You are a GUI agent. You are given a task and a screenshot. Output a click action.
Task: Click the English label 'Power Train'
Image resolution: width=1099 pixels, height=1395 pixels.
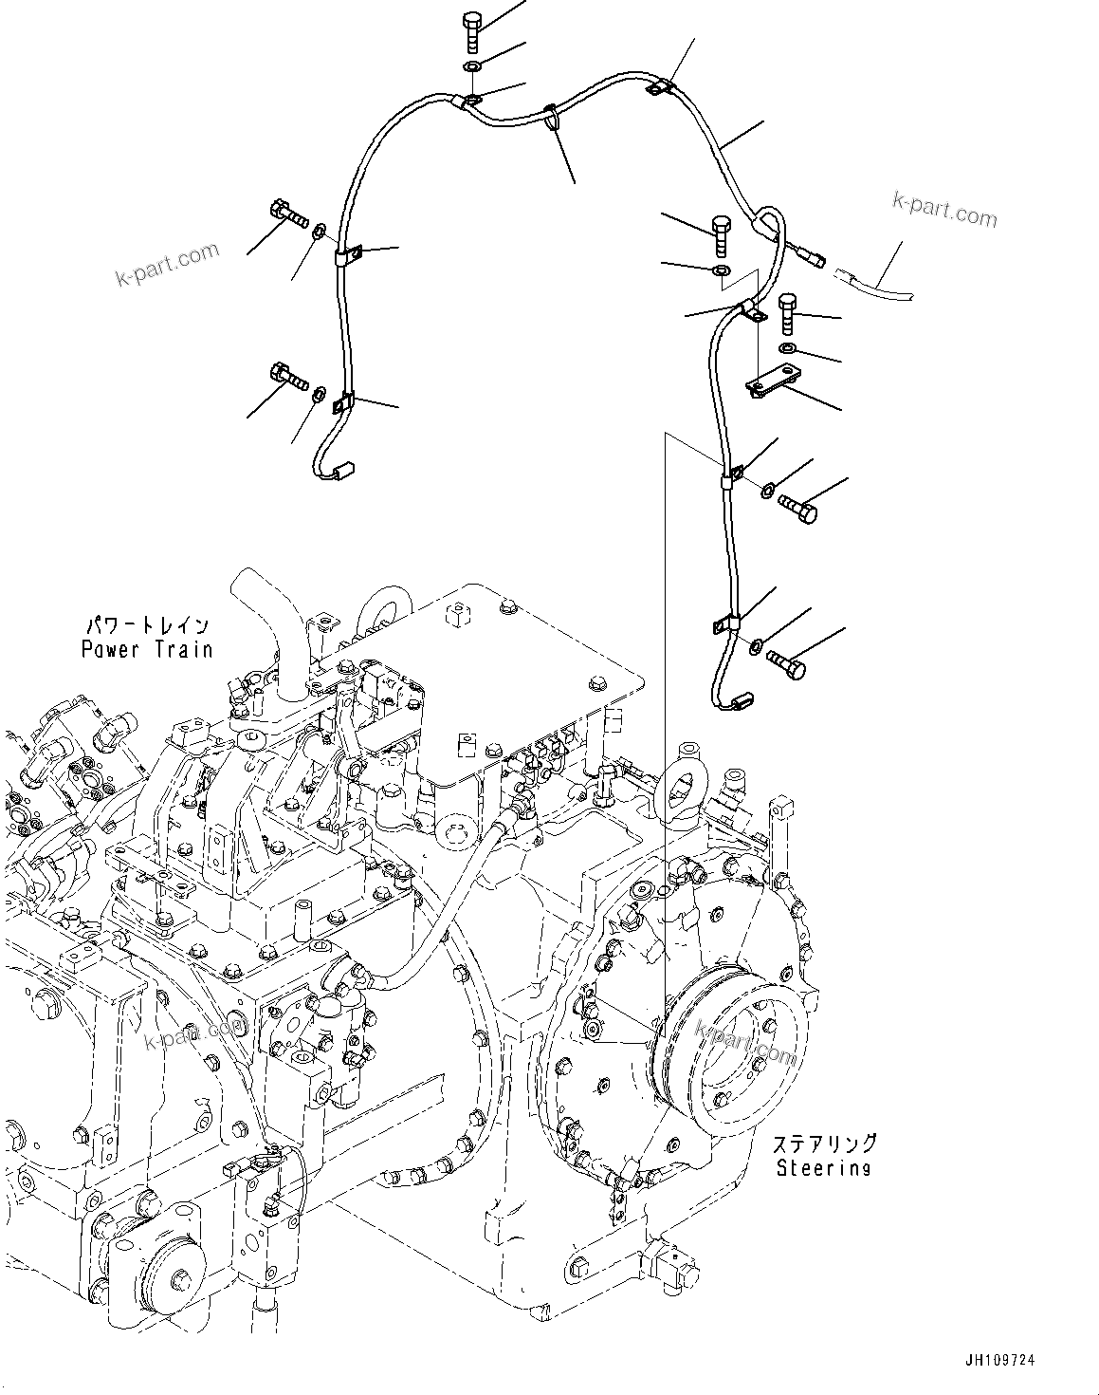[146, 649]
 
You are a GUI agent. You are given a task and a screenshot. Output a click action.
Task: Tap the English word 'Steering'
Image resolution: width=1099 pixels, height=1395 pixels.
[823, 1167]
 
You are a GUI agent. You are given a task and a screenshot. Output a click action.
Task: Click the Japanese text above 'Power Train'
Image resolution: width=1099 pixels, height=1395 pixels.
[147, 627]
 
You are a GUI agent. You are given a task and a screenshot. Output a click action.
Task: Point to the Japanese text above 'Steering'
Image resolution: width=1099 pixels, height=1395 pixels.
[823, 1144]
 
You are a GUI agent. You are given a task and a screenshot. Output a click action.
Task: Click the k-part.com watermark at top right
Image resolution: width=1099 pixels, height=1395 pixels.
[944, 211]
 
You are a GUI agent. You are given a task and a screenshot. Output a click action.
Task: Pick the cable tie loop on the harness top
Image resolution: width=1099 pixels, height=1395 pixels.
[553, 117]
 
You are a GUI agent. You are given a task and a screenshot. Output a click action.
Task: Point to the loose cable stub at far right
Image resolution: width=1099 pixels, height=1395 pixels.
[877, 284]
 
